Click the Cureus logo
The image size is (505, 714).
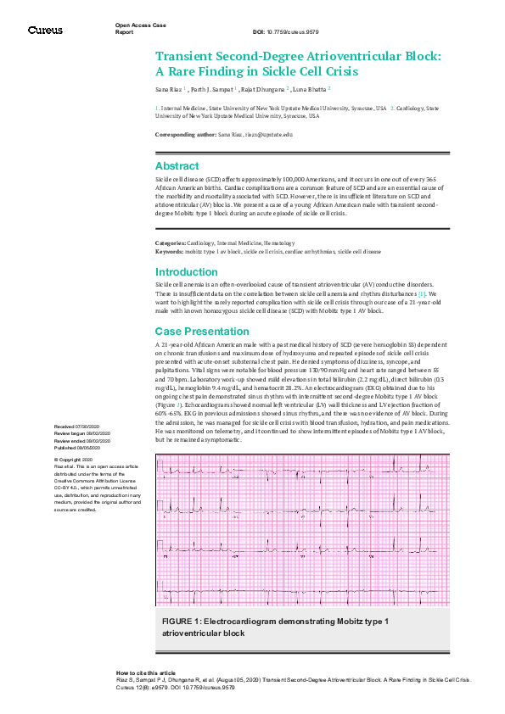45,31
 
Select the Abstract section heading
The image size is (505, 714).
177,166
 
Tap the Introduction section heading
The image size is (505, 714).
186,272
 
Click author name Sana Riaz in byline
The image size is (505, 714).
168,88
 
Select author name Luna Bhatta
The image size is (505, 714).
311,88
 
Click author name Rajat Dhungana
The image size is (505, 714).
262,88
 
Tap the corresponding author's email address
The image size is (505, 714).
268,135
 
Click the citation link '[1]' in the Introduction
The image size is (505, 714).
422,293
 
